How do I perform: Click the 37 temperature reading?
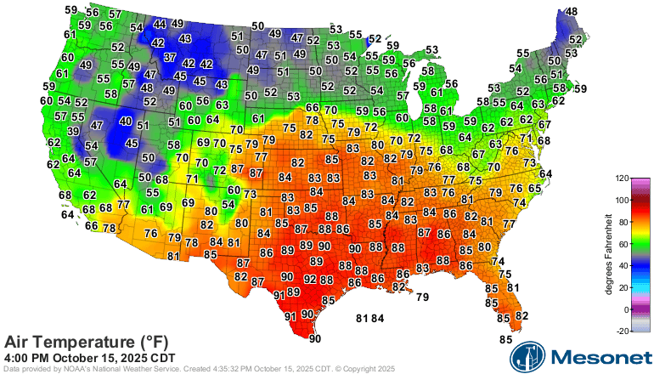pyautogui.click(x=170, y=58)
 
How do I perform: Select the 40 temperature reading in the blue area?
pyautogui.click(x=125, y=122)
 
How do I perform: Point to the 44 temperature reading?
pyautogui.click(x=159, y=24)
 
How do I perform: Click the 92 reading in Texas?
pyautogui.click(x=310, y=279)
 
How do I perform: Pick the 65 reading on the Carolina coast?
pyautogui.click(x=535, y=189)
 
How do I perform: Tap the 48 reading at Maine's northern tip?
pyautogui.click(x=572, y=12)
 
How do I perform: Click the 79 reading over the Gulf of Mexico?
pyautogui.click(x=422, y=297)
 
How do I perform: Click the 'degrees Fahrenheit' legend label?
pyautogui.click(x=609, y=255)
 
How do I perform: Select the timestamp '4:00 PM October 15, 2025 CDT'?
pyautogui.click(x=90, y=357)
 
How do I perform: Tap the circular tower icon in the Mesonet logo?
pyautogui.click(x=526, y=357)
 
